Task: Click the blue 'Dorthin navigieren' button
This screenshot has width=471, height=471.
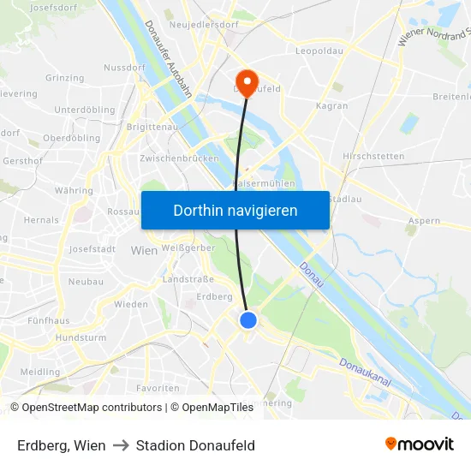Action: click(x=235, y=210)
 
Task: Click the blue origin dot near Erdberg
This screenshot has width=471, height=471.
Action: click(x=247, y=320)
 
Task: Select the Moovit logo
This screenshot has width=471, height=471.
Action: click(x=420, y=444)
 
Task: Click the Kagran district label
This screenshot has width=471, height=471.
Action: click(x=332, y=106)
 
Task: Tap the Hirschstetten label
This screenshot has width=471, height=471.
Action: click(x=373, y=157)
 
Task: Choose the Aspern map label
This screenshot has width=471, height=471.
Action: click(x=424, y=221)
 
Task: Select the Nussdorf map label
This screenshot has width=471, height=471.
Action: click(x=124, y=68)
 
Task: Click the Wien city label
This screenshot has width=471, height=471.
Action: click(x=144, y=251)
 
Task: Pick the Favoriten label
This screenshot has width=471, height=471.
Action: click(x=158, y=388)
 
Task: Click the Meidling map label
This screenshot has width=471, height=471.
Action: click(x=40, y=373)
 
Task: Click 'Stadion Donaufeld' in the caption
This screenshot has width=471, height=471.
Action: click(x=195, y=445)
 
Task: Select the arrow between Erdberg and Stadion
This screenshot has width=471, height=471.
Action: click(x=121, y=445)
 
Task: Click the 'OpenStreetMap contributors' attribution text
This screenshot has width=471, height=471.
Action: click(x=92, y=408)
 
